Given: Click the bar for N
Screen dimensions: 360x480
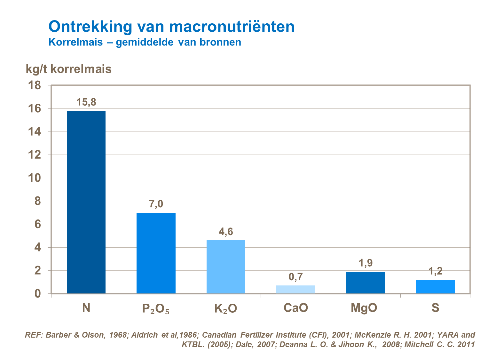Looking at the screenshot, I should pyautogui.click(x=86, y=202).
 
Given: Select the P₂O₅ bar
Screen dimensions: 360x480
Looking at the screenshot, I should pyautogui.click(x=156, y=253).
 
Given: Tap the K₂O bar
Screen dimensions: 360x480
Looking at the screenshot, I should pyautogui.click(x=226, y=267).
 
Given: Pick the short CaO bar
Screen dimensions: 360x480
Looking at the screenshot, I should pyautogui.click(x=295, y=289).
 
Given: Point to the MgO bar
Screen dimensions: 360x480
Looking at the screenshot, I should pyautogui.click(x=366, y=282).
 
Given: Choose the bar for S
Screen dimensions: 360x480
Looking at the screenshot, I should pyautogui.click(x=435, y=286).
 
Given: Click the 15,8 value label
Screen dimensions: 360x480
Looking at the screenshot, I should pyautogui.click(x=86, y=102).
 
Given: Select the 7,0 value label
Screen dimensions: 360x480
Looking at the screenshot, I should pyautogui.click(x=156, y=204).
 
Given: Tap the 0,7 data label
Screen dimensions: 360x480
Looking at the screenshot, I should pyautogui.click(x=295, y=277).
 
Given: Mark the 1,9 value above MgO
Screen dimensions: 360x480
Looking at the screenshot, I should pyautogui.click(x=366, y=263).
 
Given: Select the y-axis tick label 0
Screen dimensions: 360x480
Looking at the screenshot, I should pyautogui.click(x=38, y=293).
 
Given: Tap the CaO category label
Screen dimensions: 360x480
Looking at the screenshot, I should pyautogui.click(x=295, y=308).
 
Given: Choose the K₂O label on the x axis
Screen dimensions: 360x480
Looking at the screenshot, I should pyautogui.click(x=226, y=308).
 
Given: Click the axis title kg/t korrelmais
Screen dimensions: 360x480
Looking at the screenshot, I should pyautogui.click(x=69, y=69).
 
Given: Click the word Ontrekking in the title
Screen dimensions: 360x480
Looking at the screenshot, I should pyautogui.click(x=90, y=26).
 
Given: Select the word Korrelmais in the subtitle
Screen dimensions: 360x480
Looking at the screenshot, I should pyautogui.click(x=76, y=42).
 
